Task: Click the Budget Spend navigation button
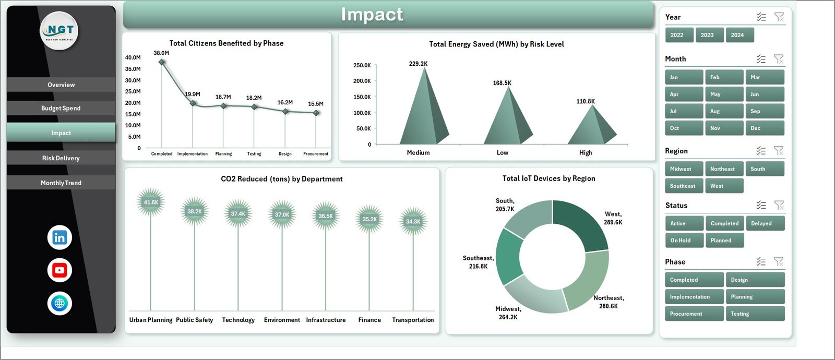pyautogui.click(x=61, y=108)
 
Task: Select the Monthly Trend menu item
pyautogui.click(x=61, y=183)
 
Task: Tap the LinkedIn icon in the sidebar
pyautogui.click(x=59, y=237)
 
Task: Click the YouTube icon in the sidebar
pyautogui.click(x=59, y=270)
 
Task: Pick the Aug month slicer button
pyautogui.click(x=724, y=111)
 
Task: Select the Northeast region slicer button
pyautogui.click(x=724, y=169)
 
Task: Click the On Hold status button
pyautogui.click(x=684, y=241)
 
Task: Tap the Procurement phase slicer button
pyautogui.click(x=694, y=314)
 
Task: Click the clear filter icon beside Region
pyautogui.click(x=778, y=151)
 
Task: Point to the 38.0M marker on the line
pyautogui.click(x=162, y=62)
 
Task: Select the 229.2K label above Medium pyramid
pyautogui.click(x=418, y=64)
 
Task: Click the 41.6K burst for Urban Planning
pyautogui.click(x=151, y=202)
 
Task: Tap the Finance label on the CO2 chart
pyautogui.click(x=369, y=320)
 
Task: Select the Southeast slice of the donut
pyautogui.click(x=508, y=257)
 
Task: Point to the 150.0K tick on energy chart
pyautogui.click(x=362, y=97)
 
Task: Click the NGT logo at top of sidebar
pyautogui.click(x=59, y=30)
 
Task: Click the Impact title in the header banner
pyautogui.click(x=372, y=15)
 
